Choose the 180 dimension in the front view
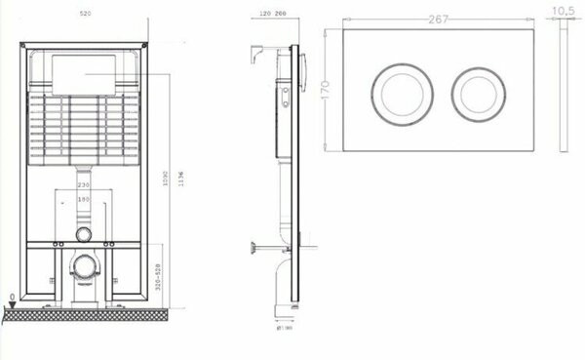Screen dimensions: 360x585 point(84,200)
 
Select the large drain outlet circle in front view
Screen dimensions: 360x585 point(86,265)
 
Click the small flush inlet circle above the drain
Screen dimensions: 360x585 point(85,234)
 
